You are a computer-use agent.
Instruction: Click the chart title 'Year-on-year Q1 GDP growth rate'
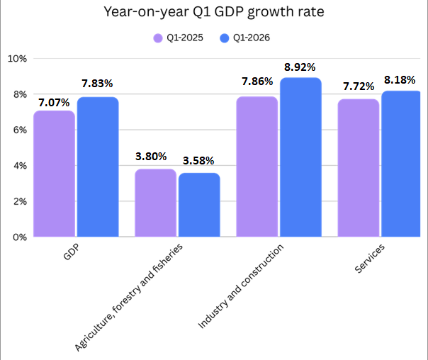click(x=213, y=12)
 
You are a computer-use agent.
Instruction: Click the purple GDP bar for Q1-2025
click(x=54, y=174)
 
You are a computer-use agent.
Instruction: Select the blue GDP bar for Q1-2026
click(x=98, y=167)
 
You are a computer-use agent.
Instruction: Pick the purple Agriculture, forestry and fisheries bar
click(x=155, y=203)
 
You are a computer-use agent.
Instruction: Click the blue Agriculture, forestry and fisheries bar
click(x=199, y=205)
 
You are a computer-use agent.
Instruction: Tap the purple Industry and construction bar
click(x=257, y=167)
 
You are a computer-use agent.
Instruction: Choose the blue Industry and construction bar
click(x=300, y=157)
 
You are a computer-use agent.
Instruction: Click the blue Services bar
click(x=401, y=164)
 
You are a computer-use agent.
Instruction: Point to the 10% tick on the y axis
click(x=16, y=58)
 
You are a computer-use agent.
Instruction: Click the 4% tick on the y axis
click(x=18, y=166)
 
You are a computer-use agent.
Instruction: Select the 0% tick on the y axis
click(x=18, y=237)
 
